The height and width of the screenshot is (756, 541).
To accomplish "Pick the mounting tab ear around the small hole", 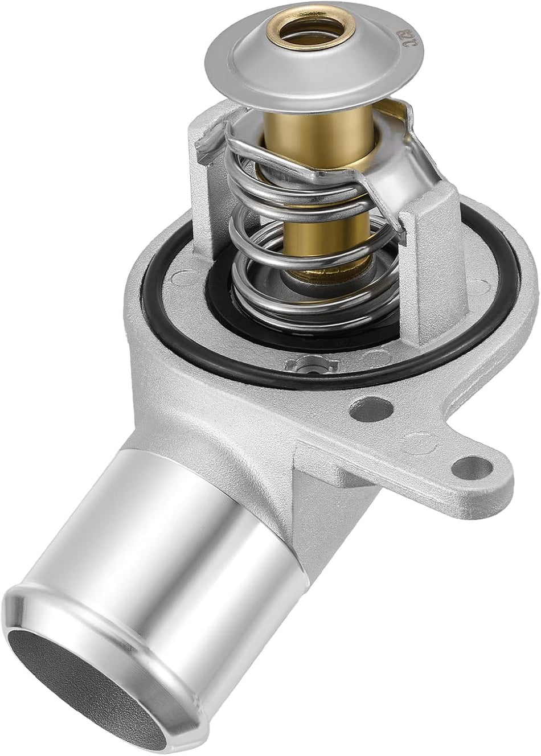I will [x=490, y=472].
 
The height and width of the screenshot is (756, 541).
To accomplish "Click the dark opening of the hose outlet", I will [x=85, y=700].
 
